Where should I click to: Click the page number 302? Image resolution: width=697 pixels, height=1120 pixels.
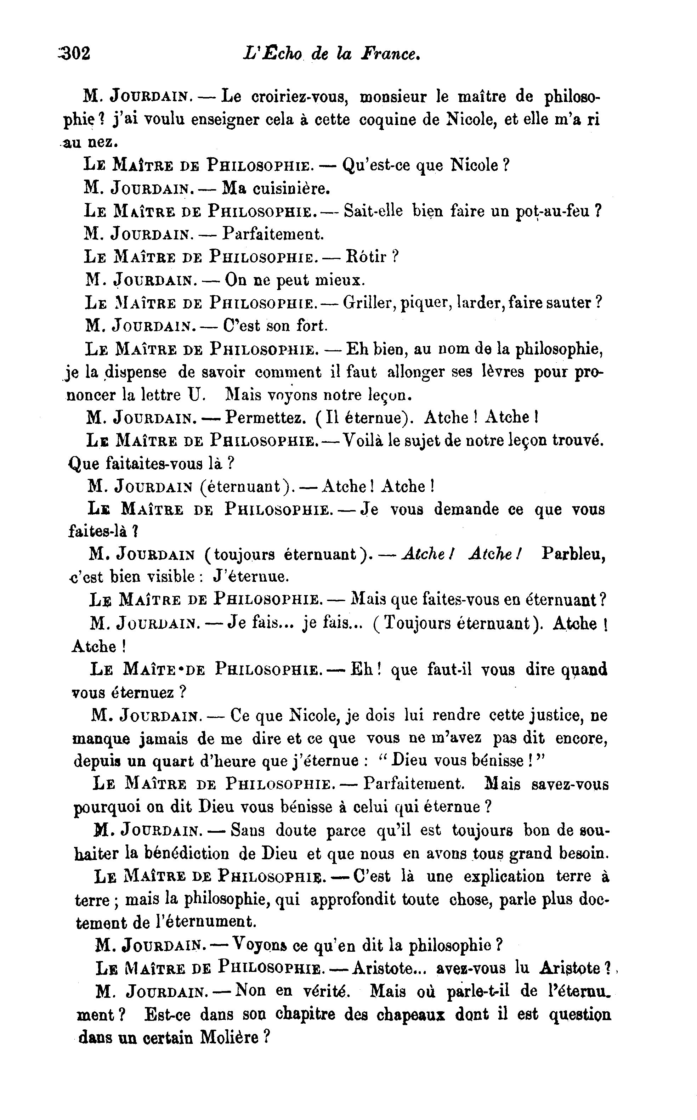point(75,53)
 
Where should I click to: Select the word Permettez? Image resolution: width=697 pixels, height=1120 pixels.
point(264,418)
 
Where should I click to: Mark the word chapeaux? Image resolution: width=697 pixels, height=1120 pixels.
point(411,1014)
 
